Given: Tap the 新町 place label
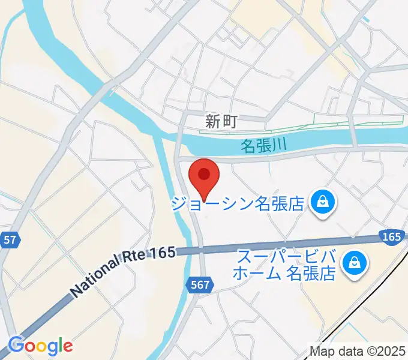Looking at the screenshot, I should pos(221,122).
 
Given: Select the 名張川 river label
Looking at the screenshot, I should pos(263,145).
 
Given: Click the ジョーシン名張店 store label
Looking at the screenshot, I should pos(239,203).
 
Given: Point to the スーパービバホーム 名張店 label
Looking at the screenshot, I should pos(286,266).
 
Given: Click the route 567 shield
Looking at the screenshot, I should pos(201,286).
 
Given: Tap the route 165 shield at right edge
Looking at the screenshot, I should pos(391,238).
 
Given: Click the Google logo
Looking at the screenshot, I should pos(40,345).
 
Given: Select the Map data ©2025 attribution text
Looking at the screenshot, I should pos(358,351).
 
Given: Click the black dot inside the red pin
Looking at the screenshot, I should pos(204,174).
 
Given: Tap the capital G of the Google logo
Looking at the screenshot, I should pos(17,345).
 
